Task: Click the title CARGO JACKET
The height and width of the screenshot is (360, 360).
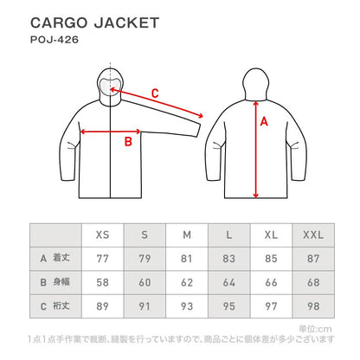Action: [x=94, y=22]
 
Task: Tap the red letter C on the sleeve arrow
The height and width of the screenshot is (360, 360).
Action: [x=155, y=93]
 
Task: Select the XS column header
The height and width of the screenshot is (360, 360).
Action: [x=102, y=235]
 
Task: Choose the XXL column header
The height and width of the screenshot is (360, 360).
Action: [x=314, y=235]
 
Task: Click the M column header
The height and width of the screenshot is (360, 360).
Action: [x=187, y=235]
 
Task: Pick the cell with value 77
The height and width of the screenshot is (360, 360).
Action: [x=102, y=258]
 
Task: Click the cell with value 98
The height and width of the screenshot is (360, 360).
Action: [x=314, y=305]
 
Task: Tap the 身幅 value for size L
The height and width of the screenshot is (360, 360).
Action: [x=229, y=281]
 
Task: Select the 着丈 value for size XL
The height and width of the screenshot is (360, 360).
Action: [x=272, y=258]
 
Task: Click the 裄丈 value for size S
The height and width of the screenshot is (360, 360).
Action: [x=145, y=305]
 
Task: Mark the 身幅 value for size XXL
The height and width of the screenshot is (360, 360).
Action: [x=314, y=281]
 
